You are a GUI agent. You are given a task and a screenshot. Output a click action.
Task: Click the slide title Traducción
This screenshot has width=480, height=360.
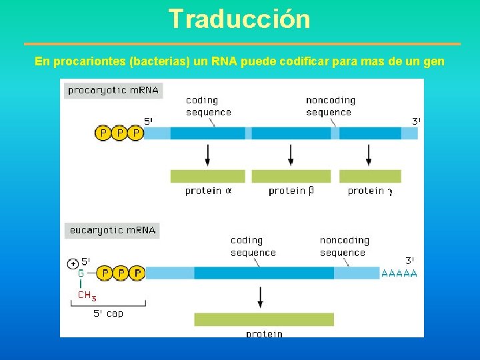pyautogui.click(x=239, y=19)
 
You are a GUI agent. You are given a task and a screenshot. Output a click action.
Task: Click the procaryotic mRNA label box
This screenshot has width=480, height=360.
pyautogui.click(x=113, y=90)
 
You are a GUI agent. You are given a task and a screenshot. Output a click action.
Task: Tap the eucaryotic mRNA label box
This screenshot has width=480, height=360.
pyautogui.click(x=112, y=231)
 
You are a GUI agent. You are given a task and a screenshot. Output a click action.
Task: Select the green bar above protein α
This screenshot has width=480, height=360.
pyautogui.click(x=208, y=176)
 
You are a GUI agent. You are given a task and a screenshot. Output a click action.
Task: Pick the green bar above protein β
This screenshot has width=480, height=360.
pyautogui.click(x=291, y=176)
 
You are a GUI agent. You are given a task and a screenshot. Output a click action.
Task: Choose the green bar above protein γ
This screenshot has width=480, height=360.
pyautogui.click(x=370, y=176)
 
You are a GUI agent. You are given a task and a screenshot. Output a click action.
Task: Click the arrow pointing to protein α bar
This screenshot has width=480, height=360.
pyautogui.click(x=208, y=155)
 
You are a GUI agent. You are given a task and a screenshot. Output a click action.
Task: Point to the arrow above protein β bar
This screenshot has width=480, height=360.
pyautogui.click(x=291, y=155)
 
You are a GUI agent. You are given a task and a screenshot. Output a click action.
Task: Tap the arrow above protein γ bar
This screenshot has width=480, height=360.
pyautogui.click(x=369, y=155)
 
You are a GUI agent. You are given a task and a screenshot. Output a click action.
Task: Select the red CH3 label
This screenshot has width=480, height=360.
pyautogui.click(x=87, y=295)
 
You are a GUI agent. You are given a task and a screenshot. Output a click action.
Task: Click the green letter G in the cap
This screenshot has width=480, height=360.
pyautogui.click(x=81, y=273)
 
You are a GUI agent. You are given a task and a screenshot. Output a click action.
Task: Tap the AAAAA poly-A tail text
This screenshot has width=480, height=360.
pyautogui.click(x=399, y=273)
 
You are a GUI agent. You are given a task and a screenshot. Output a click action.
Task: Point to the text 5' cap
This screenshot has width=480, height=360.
pyautogui.click(x=108, y=313)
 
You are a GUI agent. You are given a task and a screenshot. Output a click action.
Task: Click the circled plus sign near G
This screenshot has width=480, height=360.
pyautogui.click(x=73, y=264)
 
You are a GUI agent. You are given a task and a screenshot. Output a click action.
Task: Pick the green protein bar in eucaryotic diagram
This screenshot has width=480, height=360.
pyautogui.click(x=264, y=319)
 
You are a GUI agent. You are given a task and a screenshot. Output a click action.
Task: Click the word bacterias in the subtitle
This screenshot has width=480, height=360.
pyautogui.click(x=159, y=62)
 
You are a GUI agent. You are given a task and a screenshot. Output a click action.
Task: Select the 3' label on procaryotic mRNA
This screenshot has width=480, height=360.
pyautogui.click(x=415, y=121)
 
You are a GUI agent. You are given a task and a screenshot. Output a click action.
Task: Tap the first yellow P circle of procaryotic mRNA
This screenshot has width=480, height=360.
pyautogui.click(x=103, y=133)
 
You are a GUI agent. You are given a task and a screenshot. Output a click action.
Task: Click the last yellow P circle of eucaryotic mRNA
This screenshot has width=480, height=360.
pyautogui.click(x=137, y=273)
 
